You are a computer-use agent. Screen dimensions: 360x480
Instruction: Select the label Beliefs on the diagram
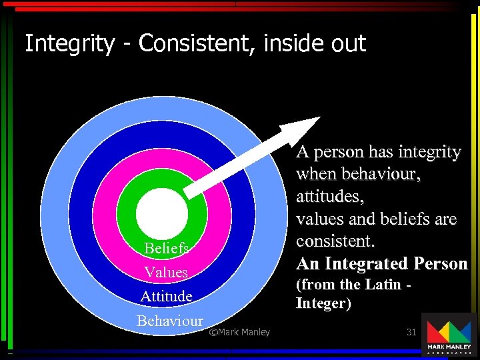pos(167,249)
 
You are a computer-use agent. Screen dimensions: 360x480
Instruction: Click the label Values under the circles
pos(166,272)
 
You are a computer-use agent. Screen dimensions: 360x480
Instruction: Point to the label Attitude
pos(166,296)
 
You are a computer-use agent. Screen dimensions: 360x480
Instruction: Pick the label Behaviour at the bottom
pos(169,320)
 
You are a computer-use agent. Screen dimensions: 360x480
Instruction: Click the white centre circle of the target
pos(162,212)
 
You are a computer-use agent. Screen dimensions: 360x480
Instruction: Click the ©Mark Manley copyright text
pos(239,332)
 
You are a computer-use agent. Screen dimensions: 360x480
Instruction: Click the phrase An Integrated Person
pos(382,263)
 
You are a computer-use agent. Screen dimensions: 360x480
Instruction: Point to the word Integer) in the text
pos(323,303)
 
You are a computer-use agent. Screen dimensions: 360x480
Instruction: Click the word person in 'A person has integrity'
pos(338,152)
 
